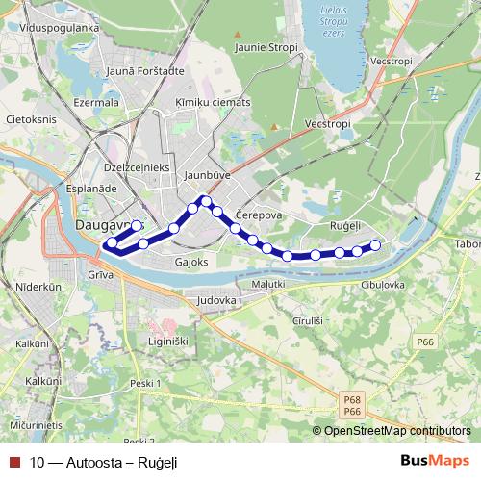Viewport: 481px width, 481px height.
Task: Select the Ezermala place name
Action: coord(95,101)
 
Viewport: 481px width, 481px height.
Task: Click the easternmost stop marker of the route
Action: coord(375,245)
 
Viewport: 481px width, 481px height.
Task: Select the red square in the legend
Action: coord(13,462)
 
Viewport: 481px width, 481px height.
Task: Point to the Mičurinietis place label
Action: coord(36,424)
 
